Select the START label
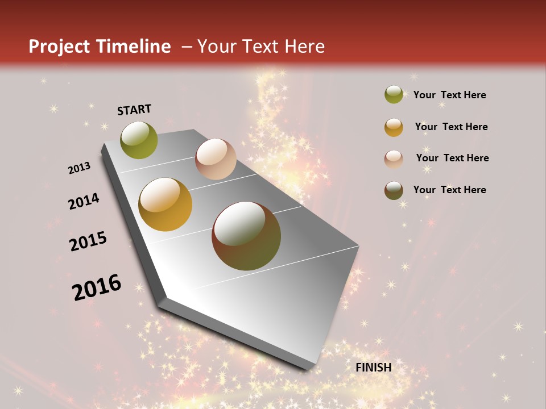click(134, 110)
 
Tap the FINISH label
click(374, 368)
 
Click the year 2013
click(80, 168)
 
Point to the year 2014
click(84, 201)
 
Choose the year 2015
click(88, 241)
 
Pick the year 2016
click(97, 287)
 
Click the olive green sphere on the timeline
click(139, 140)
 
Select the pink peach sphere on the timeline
click(216, 159)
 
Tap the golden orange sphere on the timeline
click(166, 204)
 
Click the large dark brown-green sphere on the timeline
click(246, 236)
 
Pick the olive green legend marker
click(394, 94)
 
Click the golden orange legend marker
click(394, 127)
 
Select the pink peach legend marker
click(394, 158)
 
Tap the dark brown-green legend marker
click(394, 190)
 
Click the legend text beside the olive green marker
click(450, 95)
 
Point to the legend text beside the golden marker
click(451, 127)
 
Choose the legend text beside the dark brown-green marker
click(450, 190)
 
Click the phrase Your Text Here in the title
click(261, 47)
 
